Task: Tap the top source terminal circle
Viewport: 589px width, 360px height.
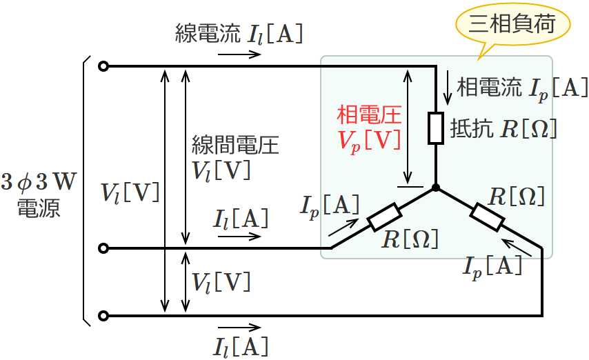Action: (x=103, y=67)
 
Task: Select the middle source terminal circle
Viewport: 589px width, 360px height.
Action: (x=103, y=248)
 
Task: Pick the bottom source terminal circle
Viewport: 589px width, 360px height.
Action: (x=103, y=316)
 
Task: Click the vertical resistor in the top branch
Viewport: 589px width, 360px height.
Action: (x=436, y=128)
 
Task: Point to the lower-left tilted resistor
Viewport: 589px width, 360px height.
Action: (x=381, y=219)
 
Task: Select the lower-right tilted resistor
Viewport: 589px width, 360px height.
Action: (x=487, y=217)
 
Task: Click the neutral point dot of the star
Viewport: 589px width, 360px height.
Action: (x=436, y=188)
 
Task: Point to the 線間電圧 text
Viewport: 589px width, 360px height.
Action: (x=235, y=146)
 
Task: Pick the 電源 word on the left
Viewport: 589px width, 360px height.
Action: (x=39, y=208)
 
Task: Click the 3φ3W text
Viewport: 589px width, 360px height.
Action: (x=39, y=183)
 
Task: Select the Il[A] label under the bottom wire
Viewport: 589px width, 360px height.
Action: (x=241, y=345)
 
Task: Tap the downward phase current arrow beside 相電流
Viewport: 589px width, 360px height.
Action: (x=449, y=84)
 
